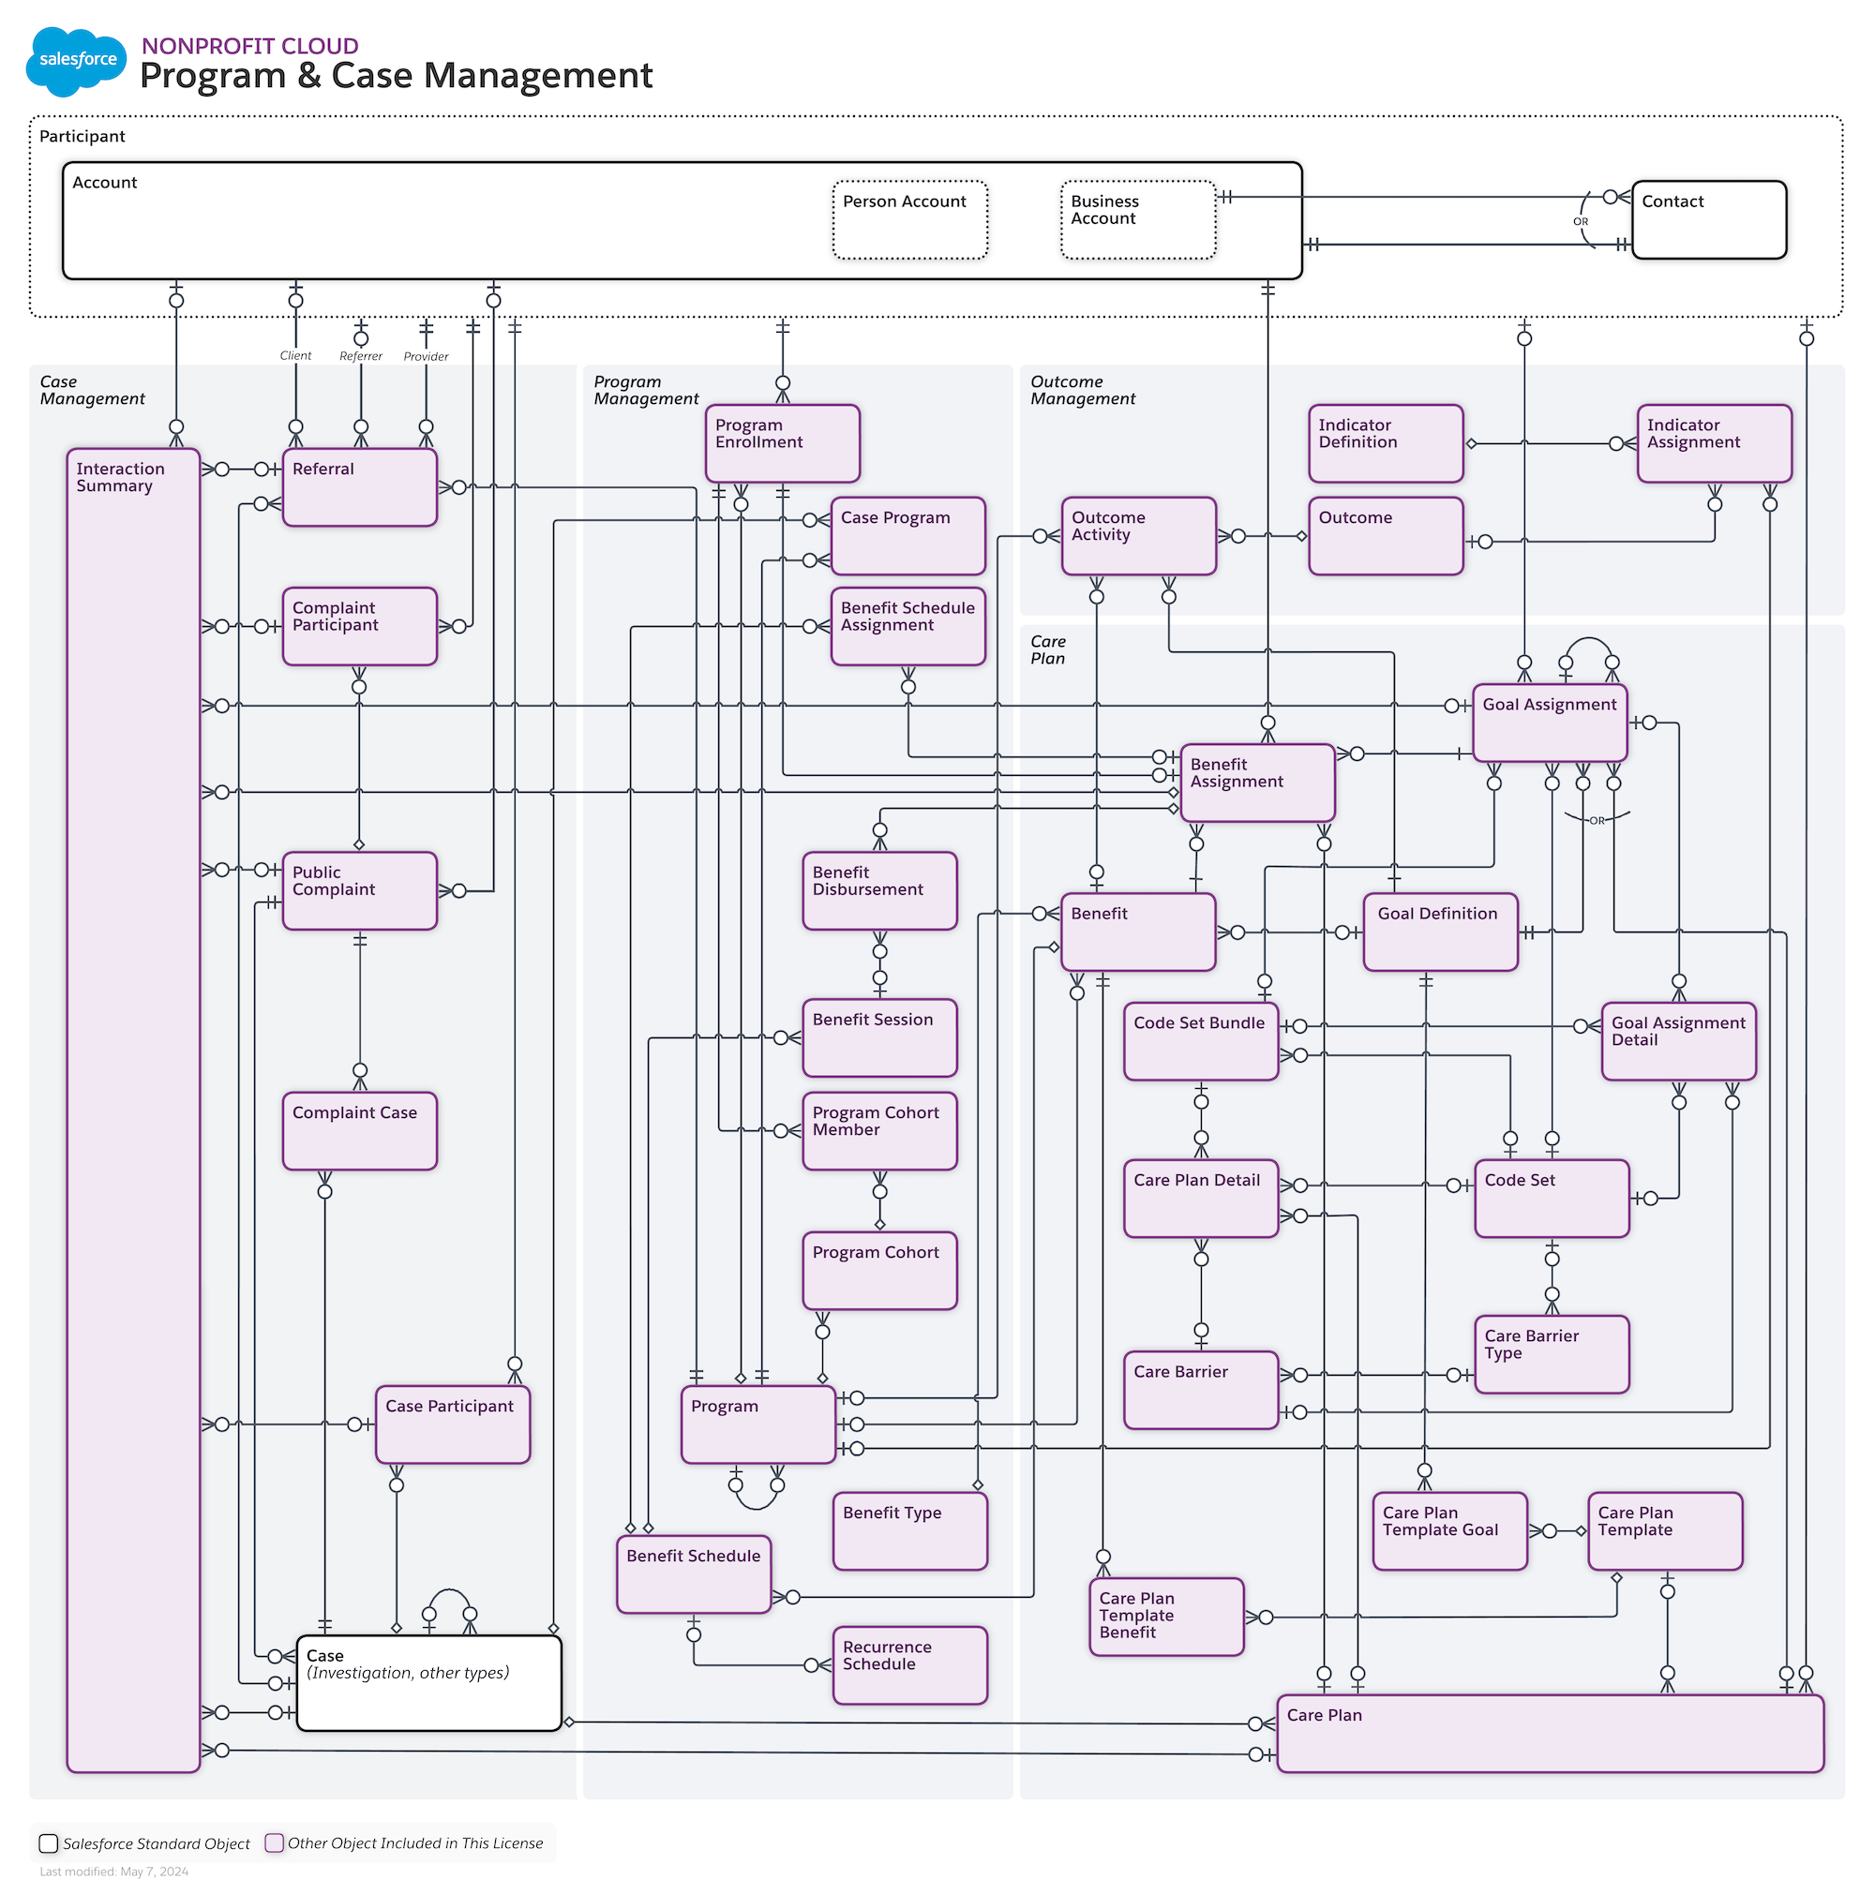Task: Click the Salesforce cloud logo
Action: (77, 61)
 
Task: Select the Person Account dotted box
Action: (909, 219)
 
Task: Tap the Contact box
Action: (1707, 219)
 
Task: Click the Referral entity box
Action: (359, 487)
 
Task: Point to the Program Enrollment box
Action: (782, 443)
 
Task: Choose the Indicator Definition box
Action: (1385, 443)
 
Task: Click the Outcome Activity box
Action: (1137, 535)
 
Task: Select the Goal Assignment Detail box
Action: (1677, 1040)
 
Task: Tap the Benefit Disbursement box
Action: (878, 890)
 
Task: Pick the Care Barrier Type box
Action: (1551, 1353)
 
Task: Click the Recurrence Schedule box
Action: (909, 1664)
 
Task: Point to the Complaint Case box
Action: (359, 1130)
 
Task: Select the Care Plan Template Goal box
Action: (1448, 1530)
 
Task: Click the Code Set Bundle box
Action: (1200, 1040)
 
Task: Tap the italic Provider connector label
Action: (426, 356)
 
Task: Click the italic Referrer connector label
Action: (360, 356)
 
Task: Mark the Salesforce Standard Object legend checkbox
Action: (48, 1843)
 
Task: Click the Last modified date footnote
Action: (113, 1872)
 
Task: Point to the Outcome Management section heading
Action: (1082, 390)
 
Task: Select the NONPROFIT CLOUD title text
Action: (250, 46)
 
